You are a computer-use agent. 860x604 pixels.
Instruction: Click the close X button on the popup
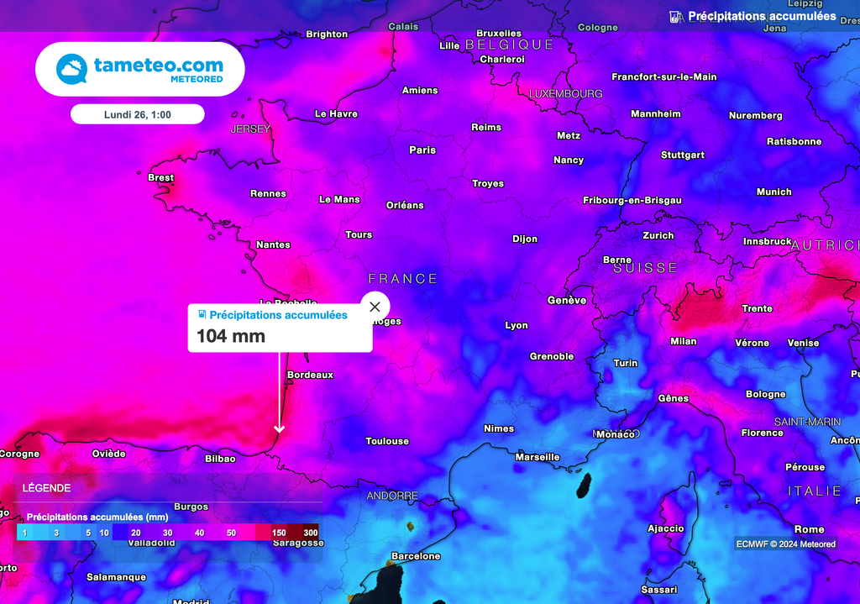pos(375,307)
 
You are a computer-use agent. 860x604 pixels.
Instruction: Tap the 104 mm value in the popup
pos(231,336)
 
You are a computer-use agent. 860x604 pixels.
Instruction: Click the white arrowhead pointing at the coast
pos(280,429)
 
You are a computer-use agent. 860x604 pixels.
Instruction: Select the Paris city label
pos(422,150)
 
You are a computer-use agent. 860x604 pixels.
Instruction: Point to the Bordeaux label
pos(310,375)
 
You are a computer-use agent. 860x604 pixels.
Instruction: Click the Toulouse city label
pos(387,441)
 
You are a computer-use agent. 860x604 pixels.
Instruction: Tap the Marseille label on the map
pos(537,457)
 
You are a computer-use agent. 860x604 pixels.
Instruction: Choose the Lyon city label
pos(517,325)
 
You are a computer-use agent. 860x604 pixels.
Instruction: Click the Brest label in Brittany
pos(160,178)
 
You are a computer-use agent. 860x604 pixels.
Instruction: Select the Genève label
pos(567,300)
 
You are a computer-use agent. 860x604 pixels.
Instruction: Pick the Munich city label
pos(773,192)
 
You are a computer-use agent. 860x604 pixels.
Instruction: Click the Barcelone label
pos(416,556)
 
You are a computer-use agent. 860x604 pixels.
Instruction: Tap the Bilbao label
pos(220,459)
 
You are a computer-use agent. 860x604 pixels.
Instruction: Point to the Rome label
pos(809,529)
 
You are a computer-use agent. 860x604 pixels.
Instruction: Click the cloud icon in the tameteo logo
pos(71,69)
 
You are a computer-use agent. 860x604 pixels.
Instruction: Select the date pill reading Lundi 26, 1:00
pos(138,114)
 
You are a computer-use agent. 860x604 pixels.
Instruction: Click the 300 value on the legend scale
pos(311,533)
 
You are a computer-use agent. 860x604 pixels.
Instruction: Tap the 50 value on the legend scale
pos(231,533)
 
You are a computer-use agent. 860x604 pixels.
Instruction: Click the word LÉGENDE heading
pos(46,488)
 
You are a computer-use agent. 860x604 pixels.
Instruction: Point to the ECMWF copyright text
pos(785,544)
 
